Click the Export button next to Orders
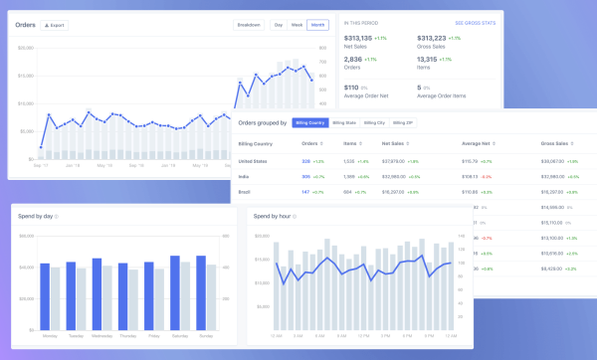(55, 25)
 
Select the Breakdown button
(249, 25)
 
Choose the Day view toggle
(279, 25)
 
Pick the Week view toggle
(297, 25)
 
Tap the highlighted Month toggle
(317, 25)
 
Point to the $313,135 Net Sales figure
(357, 38)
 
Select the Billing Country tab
(309, 122)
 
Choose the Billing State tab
(344, 122)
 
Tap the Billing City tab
(374, 122)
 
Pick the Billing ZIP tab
(403, 122)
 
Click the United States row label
(253, 159)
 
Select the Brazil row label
(245, 192)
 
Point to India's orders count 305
(305, 176)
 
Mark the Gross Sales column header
(553, 143)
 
